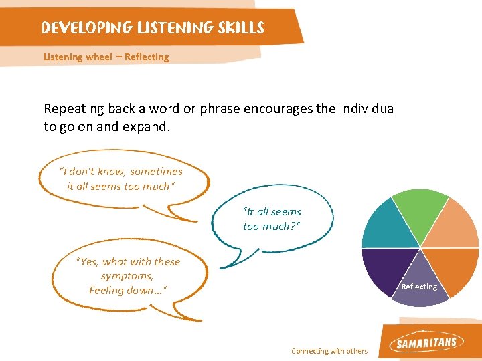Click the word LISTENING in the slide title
(x=175, y=28)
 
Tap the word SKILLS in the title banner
(x=240, y=28)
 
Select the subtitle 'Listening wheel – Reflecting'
(x=106, y=57)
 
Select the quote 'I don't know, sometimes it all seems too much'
(x=121, y=178)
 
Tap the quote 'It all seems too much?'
(x=272, y=219)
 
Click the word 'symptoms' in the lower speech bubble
(x=127, y=276)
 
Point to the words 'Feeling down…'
(x=127, y=290)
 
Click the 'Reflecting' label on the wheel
(x=418, y=287)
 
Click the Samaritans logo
(x=426, y=343)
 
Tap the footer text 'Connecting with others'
(x=329, y=351)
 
